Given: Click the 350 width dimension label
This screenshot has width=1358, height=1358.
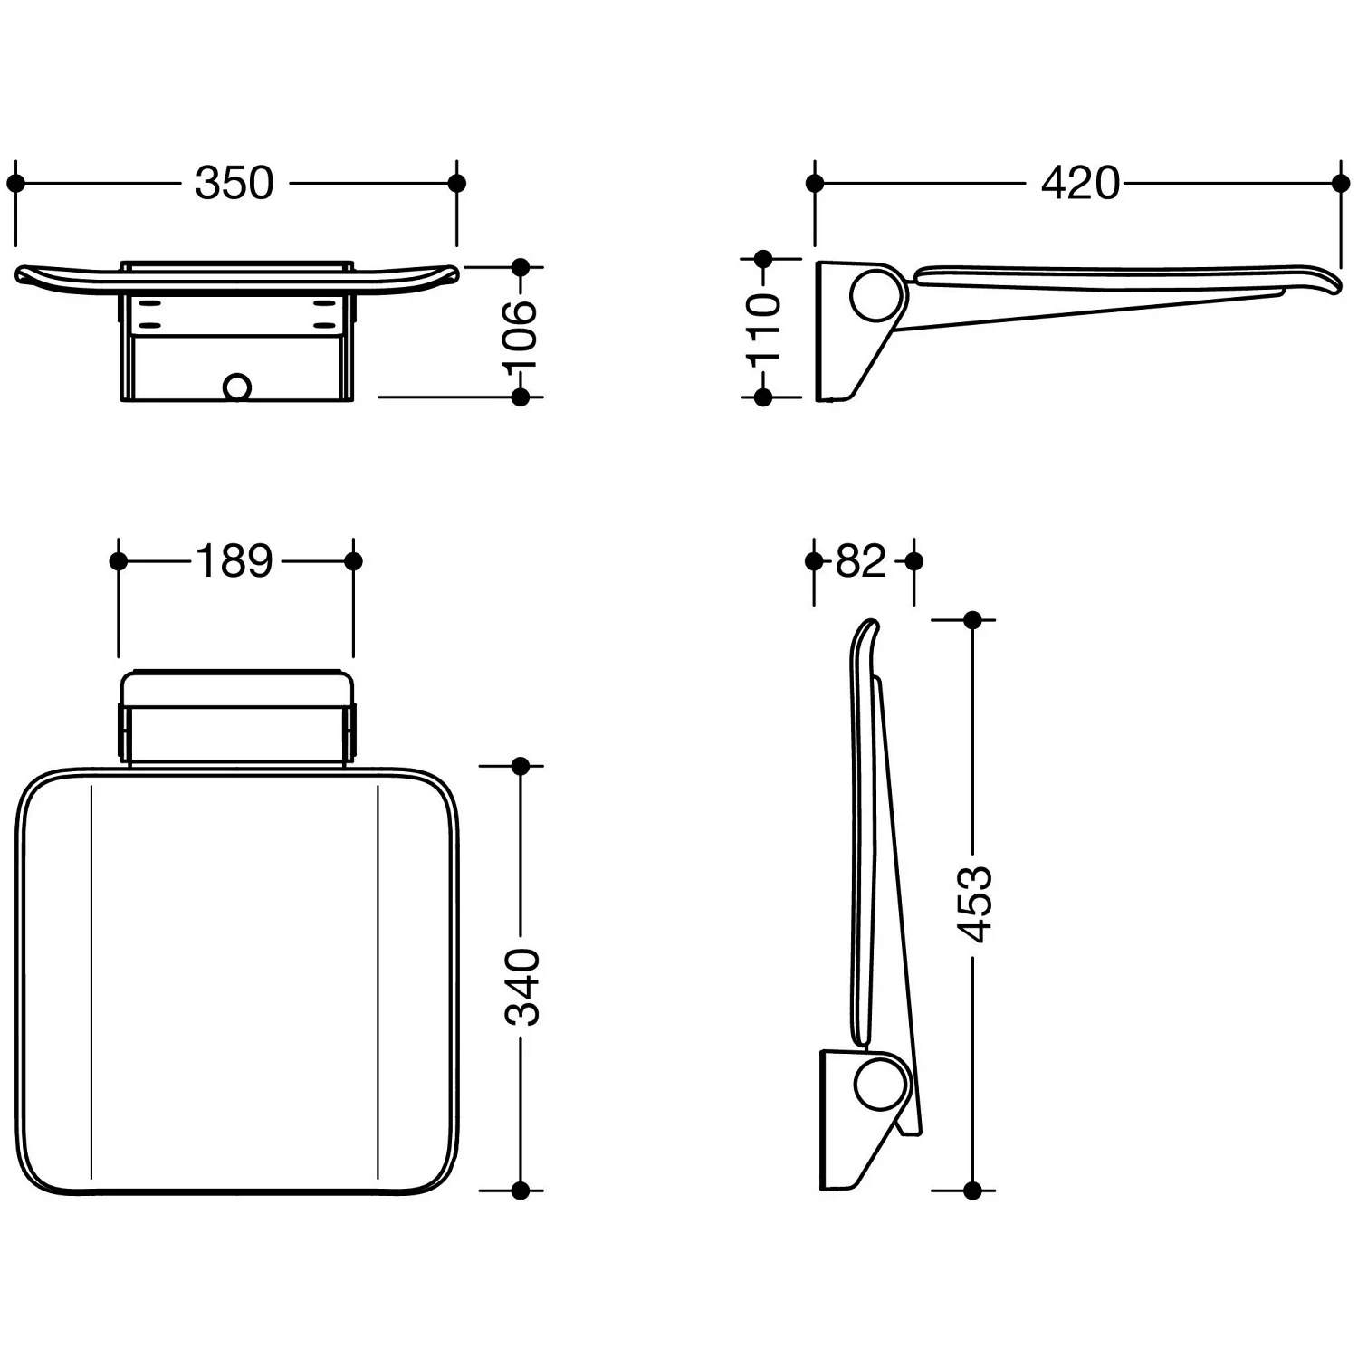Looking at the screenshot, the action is (x=234, y=183).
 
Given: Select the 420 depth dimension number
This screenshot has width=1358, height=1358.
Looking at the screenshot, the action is (x=1080, y=183).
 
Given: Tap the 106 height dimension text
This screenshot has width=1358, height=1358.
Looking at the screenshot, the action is (x=521, y=332).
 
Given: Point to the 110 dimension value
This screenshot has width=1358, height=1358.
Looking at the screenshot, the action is (x=763, y=328).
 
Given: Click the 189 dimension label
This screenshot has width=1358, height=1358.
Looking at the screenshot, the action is (x=234, y=561).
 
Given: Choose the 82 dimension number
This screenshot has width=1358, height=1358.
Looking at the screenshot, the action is (x=860, y=561).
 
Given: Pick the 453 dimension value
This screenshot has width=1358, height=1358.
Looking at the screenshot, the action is (x=974, y=904).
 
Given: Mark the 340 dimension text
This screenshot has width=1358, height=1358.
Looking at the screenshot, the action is (x=521, y=987).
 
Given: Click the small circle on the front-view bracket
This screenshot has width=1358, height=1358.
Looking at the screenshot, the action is (x=237, y=387).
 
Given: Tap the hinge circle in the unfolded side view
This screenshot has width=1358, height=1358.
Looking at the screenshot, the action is (x=876, y=294).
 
